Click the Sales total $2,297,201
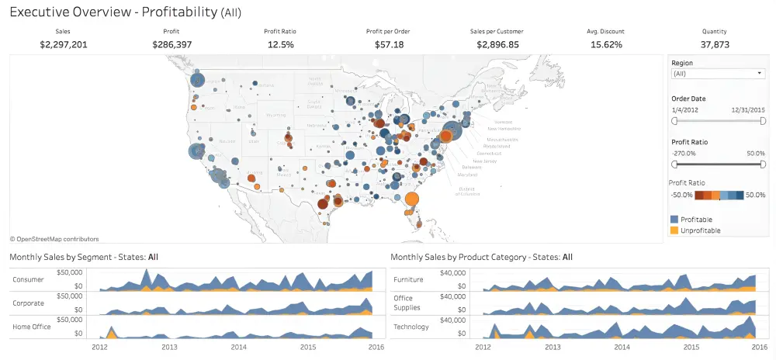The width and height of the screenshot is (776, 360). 64,45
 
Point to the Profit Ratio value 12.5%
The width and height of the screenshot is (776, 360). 280,45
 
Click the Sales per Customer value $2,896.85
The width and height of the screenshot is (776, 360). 497,45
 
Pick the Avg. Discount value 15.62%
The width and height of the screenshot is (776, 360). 606,45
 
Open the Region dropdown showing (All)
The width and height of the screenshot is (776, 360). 718,74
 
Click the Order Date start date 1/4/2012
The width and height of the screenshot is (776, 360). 685,110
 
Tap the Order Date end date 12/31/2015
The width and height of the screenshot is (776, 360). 748,110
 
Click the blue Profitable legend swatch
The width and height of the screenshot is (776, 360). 674,220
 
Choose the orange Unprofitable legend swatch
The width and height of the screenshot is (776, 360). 674,230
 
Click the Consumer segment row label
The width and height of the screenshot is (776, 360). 28,279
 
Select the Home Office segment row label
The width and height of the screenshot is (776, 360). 31,327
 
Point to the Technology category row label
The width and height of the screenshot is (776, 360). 411,327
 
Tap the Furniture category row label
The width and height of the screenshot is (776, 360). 409,279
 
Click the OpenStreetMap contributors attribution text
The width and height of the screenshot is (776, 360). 54,239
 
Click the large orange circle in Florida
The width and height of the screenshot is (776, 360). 412,199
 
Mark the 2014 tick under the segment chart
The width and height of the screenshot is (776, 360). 238,348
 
